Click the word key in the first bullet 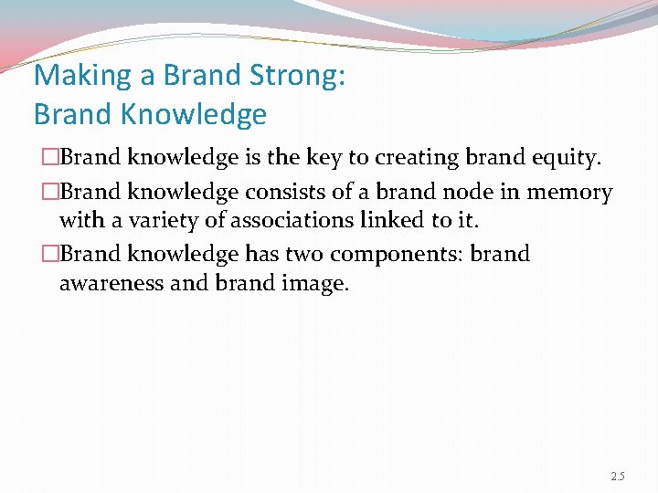pyautogui.click(x=342, y=158)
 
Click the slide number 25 pyautogui.click(x=618, y=477)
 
